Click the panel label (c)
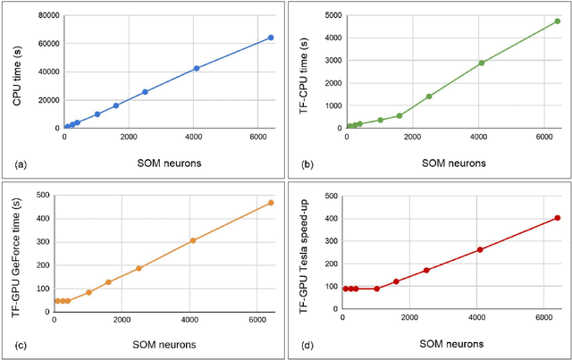point(15,347)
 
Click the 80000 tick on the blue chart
point(43,15)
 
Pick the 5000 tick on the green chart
point(333,15)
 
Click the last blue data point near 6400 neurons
point(271,38)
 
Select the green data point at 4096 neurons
point(482,63)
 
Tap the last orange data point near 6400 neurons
point(271,203)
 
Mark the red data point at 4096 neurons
point(480,249)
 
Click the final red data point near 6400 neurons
point(558,217)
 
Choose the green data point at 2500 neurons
point(429,96)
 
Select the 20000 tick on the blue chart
point(43,100)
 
